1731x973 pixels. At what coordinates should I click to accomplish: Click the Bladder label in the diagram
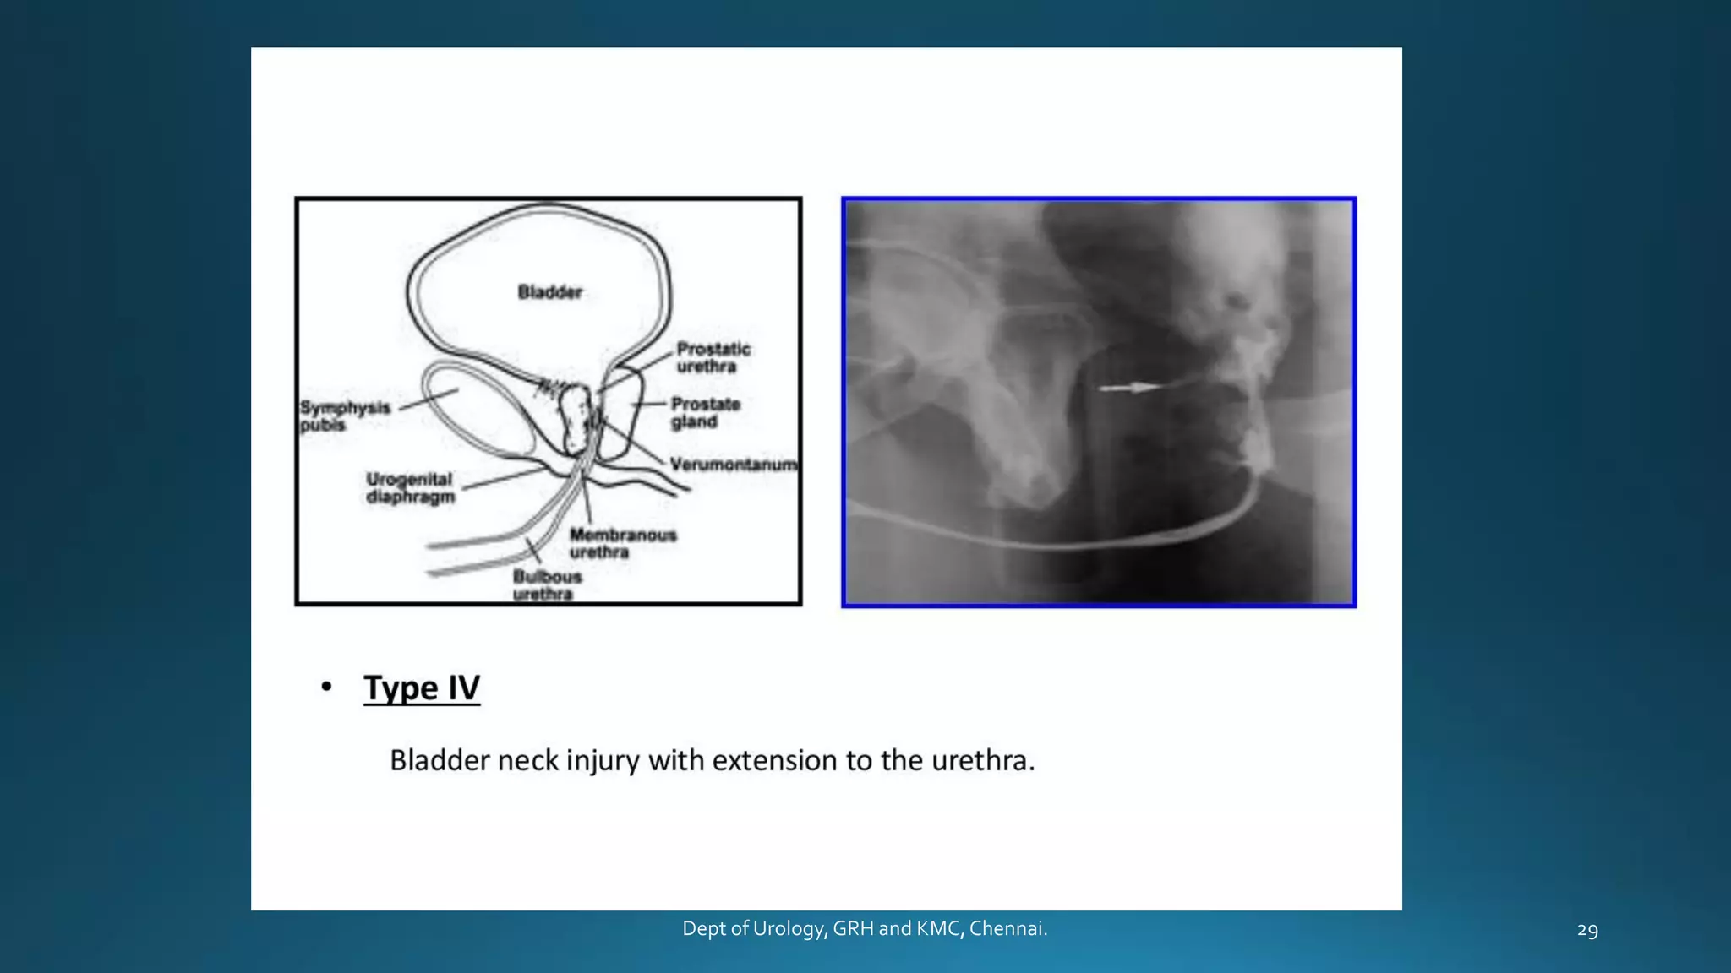point(549,292)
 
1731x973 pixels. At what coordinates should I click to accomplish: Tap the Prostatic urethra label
point(713,357)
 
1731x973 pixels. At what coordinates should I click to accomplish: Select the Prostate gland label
point(706,413)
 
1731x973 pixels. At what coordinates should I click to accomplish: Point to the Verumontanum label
point(733,465)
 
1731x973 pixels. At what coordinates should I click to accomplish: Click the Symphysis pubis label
point(345,416)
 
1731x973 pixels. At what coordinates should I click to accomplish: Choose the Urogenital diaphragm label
point(410,488)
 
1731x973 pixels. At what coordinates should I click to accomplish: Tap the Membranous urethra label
point(622,543)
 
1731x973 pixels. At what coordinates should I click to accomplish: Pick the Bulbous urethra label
point(547,584)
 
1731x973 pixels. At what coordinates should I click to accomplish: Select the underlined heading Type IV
point(422,688)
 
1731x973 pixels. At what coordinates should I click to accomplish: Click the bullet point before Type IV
point(326,687)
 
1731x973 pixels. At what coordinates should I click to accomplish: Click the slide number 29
point(1587,931)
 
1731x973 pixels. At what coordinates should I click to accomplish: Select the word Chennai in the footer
point(1007,929)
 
